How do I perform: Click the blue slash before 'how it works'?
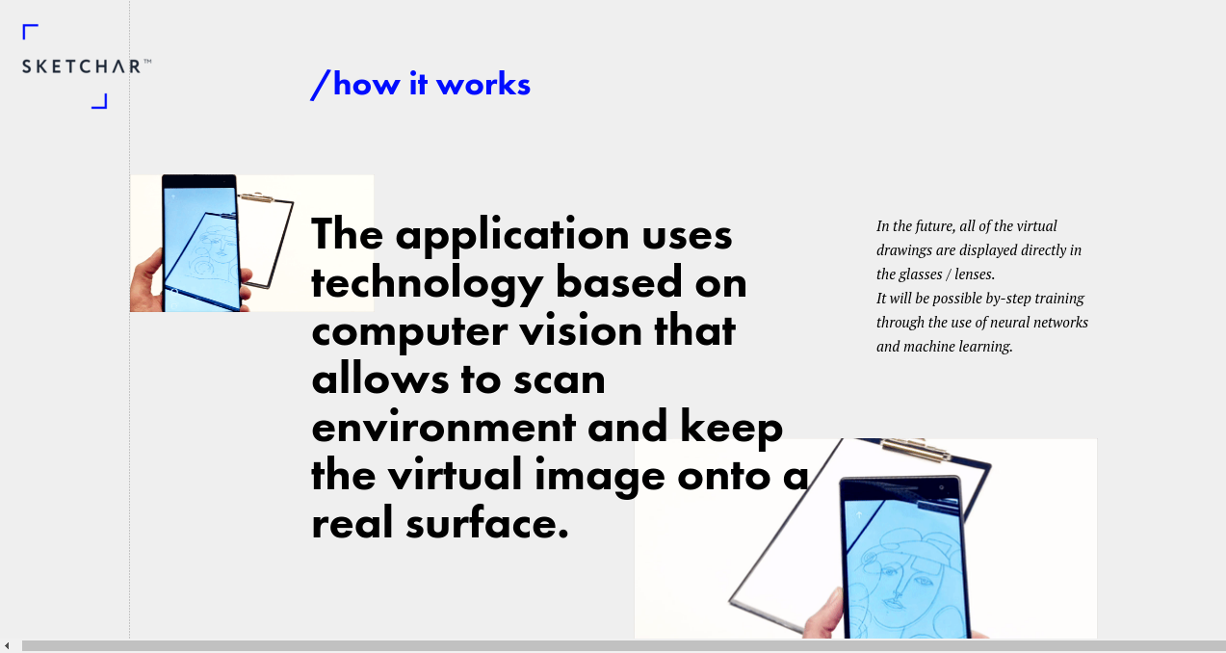pyautogui.click(x=320, y=85)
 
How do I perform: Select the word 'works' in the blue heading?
pyautogui.click(x=483, y=85)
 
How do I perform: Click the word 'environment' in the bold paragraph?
pyautogui.click(x=443, y=428)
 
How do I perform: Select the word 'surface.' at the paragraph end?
pyautogui.click(x=487, y=523)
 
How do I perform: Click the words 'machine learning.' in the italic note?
pyautogui.click(x=958, y=347)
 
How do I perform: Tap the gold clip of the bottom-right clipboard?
pyautogui.click(x=914, y=450)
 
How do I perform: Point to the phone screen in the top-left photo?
pyautogui.click(x=202, y=249)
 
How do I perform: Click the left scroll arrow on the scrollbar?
pyautogui.click(x=7, y=646)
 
